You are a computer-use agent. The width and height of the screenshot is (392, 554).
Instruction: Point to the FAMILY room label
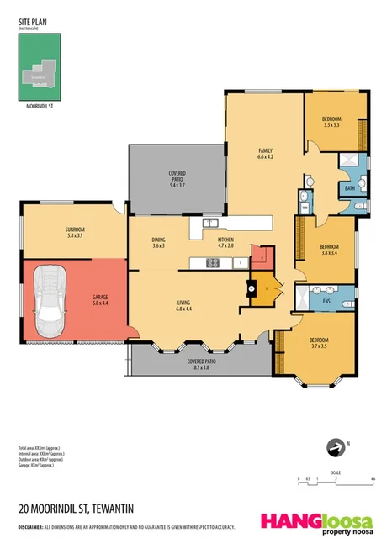(265, 151)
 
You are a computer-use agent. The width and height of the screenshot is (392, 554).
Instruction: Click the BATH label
(348, 188)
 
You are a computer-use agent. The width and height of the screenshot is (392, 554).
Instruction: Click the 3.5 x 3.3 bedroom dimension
(331, 125)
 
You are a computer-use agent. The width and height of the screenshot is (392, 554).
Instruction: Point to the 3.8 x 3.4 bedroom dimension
(327, 251)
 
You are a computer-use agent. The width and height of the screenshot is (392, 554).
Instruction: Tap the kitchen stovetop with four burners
(212, 263)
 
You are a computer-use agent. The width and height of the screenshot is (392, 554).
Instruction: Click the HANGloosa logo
(316, 521)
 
